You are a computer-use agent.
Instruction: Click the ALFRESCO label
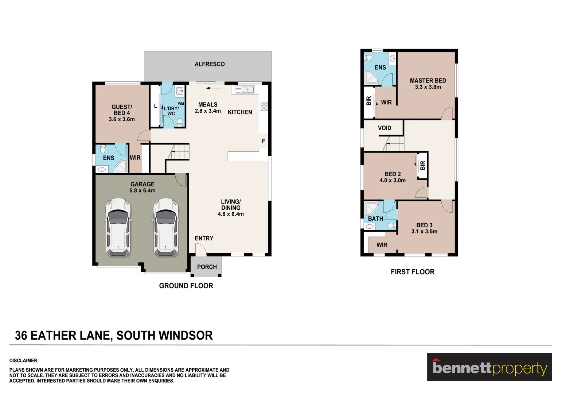click(x=210, y=64)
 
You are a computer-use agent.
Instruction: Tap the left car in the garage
click(x=118, y=227)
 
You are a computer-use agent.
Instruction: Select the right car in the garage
click(x=166, y=227)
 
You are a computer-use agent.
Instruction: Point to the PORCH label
click(x=207, y=267)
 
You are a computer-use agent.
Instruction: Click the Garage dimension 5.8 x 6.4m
click(x=143, y=190)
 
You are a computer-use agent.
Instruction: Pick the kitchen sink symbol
click(x=245, y=89)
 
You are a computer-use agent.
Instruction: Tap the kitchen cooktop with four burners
click(x=264, y=106)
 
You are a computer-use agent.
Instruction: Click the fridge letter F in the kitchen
click(x=264, y=141)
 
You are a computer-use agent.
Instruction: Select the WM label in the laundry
click(x=181, y=104)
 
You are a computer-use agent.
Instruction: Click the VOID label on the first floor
click(x=385, y=128)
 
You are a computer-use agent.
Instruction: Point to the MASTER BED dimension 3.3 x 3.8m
click(x=428, y=87)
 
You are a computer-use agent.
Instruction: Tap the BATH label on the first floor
click(x=375, y=219)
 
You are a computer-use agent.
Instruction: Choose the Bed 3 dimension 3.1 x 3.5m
click(x=424, y=231)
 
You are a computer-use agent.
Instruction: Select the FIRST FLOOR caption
click(x=413, y=272)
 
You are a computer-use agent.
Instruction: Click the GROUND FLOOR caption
click(x=186, y=286)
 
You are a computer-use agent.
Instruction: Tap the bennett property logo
click(x=489, y=367)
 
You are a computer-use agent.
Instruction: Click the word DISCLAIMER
click(x=23, y=360)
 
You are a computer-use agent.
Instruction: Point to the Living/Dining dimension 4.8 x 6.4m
click(x=231, y=214)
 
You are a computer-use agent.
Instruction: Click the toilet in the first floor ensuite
click(x=368, y=58)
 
